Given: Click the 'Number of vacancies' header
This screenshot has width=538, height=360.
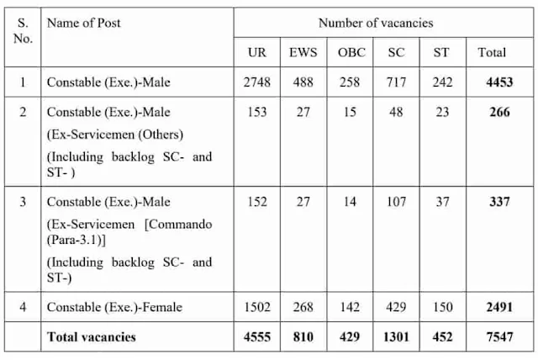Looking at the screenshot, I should pos(375,22).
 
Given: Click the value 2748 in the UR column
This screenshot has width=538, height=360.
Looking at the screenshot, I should pos(258,83).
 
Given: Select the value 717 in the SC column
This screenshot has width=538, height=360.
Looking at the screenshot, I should pos(396,83).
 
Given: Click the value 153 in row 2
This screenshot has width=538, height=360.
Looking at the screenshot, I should pos(258,112).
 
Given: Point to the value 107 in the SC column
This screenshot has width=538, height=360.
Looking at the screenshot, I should pos(396,202).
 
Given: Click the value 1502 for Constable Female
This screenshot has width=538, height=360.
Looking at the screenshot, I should pos(258,308).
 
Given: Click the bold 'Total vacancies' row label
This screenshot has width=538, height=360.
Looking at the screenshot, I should pos(92,336).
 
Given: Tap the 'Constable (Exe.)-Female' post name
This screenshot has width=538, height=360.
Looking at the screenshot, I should pos(114,308).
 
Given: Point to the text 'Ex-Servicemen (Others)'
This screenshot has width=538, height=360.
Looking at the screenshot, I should pos(115,134).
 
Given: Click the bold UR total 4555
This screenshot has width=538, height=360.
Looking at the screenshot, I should pos(258,336).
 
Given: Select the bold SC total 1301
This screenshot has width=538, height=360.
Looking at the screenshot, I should pos(396,336).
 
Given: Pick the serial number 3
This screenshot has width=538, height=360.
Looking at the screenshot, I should pos(22,202).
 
